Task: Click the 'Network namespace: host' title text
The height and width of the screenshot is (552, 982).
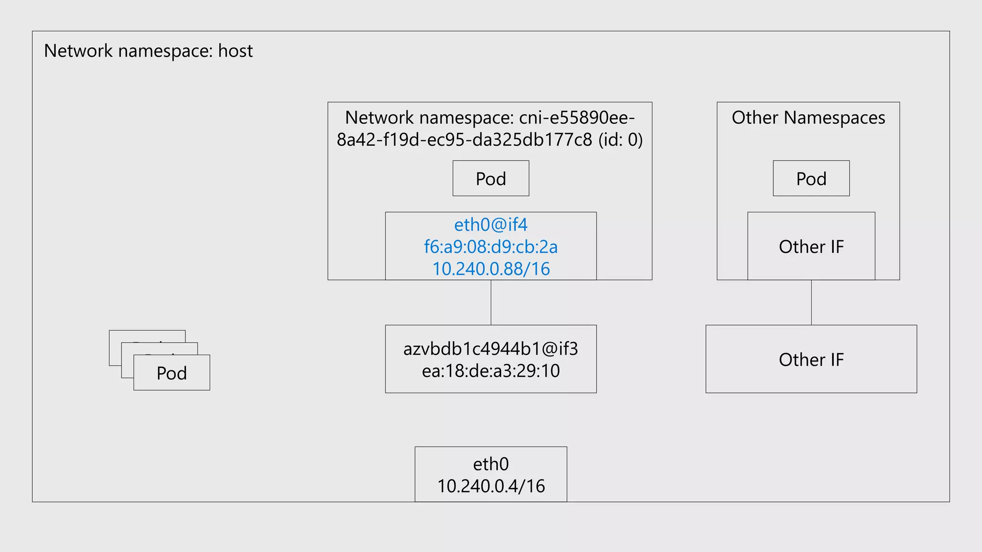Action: click(x=148, y=51)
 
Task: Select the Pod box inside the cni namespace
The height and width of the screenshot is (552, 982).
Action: click(x=491, y=178)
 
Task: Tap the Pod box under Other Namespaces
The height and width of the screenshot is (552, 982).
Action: click(x=811, y=178)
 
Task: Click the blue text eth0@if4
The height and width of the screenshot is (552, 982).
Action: click(x=491, y=224)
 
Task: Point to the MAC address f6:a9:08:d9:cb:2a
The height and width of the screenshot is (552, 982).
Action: click(x=491, y=247)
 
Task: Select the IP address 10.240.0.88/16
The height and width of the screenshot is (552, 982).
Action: click(x=491, y=269)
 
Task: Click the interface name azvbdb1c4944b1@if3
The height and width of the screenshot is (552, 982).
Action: click(x=491, y=349)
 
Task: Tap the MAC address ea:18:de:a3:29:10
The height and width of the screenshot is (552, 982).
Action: click(x=491, y=371)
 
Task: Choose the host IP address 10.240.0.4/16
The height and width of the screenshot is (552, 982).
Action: click(x=491, y=486)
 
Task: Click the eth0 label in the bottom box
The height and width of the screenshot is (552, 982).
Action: click(x=491, y=464)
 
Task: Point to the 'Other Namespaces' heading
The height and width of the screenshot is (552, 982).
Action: click(x=808, y=117)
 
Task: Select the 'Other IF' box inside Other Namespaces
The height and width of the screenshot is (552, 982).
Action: click(x=811, y=246)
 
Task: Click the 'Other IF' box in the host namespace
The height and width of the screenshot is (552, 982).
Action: click(x=811, y=359)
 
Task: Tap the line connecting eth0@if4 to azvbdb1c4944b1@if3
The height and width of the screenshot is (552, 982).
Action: click(x=491, y=302)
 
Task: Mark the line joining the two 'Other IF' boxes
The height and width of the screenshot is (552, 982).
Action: click(x=811, y=302)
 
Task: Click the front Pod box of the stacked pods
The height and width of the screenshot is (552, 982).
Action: click(x=172, y=373)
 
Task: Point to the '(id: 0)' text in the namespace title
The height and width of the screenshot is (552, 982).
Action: click(x=620, y=139)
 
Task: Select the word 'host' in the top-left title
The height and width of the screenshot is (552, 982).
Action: click(x=235, y=51)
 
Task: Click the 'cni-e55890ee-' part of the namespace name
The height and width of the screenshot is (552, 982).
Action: click(x=577, y=117)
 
